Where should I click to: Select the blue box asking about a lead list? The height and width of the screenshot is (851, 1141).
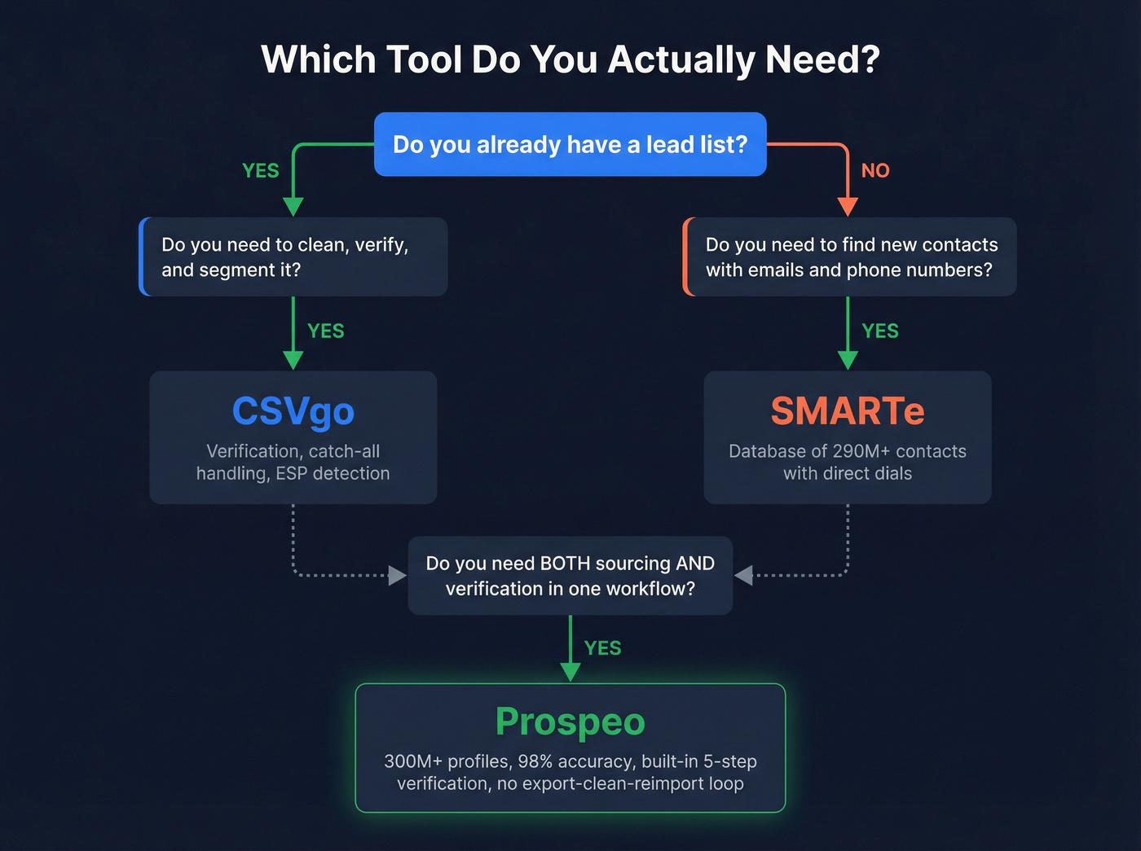(x=570, y=144)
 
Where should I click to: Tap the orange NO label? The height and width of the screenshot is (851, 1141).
(x=875, y=170)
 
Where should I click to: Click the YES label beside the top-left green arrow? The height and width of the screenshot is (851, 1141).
(x=261, y=170)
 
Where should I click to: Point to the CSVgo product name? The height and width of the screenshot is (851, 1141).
(x=293, y=411)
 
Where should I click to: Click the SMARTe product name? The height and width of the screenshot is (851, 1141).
(x=848, y=411)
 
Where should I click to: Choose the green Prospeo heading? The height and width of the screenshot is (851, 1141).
(x=570, y=722)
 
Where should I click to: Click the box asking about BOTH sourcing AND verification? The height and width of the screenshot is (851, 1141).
(x=570, y=576)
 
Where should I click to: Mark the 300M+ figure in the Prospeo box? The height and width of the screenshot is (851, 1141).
(x=413, y=761)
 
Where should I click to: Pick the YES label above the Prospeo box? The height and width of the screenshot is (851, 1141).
(x=602, y=648)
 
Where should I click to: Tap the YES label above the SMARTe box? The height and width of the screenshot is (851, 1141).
(x=880, y=331)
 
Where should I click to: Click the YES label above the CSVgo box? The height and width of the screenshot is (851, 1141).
(x=326, y=331)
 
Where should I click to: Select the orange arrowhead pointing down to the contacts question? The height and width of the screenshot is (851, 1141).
(x=848, y=207)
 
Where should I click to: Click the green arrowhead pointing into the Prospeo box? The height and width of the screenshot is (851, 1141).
(x=570, y=672)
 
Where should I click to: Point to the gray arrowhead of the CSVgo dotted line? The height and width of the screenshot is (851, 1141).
(x=398, y=576)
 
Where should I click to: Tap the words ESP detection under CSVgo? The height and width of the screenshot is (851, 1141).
(x=333, y=473)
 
